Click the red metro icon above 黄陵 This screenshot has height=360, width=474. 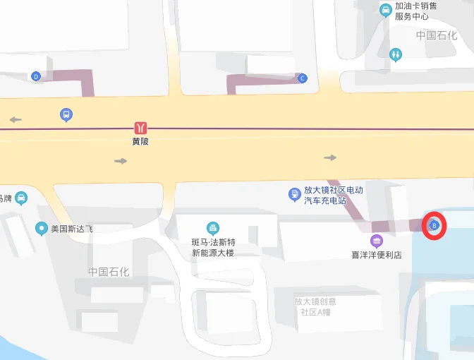click(x=142, y=128)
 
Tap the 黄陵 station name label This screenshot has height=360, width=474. click(x=141, y=140)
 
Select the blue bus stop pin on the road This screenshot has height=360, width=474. click(x=66, y=114)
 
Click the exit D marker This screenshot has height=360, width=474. click(x=36, y=76)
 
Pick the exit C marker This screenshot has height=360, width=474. click(x=303, y=78)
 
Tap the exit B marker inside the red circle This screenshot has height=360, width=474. click(x=435, y=226)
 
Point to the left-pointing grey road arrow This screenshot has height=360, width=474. click(x=16, y=120)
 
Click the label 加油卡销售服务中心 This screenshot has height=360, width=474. click(x=416, y=11)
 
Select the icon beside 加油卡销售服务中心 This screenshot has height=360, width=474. click(x=385, y=9)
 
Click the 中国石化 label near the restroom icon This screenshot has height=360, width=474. click(x=436, y=35)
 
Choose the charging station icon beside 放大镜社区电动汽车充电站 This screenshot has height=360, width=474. click(x=294, y=194)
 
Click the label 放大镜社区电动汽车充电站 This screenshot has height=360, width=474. click(x=333, y=195)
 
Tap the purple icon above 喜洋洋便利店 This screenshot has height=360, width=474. click(x=377, y=241)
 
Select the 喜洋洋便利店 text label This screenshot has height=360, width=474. click(x=377, y=255)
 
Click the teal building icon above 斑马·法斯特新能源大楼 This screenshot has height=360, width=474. click(x=212, y=228)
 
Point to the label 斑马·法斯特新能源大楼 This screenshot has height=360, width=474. click(x=212, y=247)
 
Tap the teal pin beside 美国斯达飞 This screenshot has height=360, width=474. click(x=42, y=228)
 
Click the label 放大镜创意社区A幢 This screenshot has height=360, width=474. click(x=316, y=306)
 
